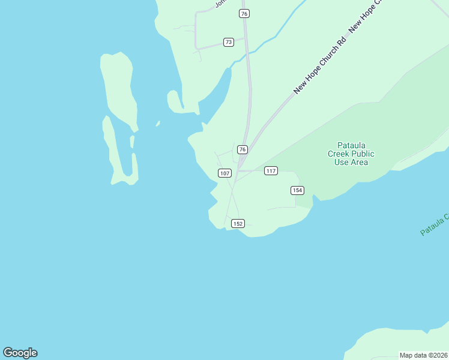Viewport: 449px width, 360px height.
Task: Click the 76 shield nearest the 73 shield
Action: pyautogui.click(x=243, y=13)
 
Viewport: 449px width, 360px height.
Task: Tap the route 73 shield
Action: pyautogui.click(x=228, y=42)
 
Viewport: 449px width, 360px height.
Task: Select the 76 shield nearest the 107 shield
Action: pyautogui.click(x=242, y=149)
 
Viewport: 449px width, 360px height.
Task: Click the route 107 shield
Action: pyautogui.click(x=224, y=173)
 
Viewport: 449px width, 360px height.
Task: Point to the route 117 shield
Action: pyautogui.click(x=271, y=171)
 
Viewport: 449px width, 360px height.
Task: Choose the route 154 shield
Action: pyautogui.click(x=297, y=190)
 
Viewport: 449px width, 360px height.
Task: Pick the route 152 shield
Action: pyautogui.click(x=238, y=223)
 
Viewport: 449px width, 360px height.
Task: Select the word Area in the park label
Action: pyautogui.click(x=360, y=162)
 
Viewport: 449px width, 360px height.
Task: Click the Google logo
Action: pyautogui.click(x=20, y=353)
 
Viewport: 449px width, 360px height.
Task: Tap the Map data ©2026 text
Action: pyautogui.click(x=423, y=355)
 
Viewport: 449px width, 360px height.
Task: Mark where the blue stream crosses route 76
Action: pyautogui.click(x=247, y=53)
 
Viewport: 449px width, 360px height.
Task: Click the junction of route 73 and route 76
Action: pyautogui.click(x=246, y=38)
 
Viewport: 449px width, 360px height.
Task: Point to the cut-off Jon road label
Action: pyautogui.click(x=219, y=4)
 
